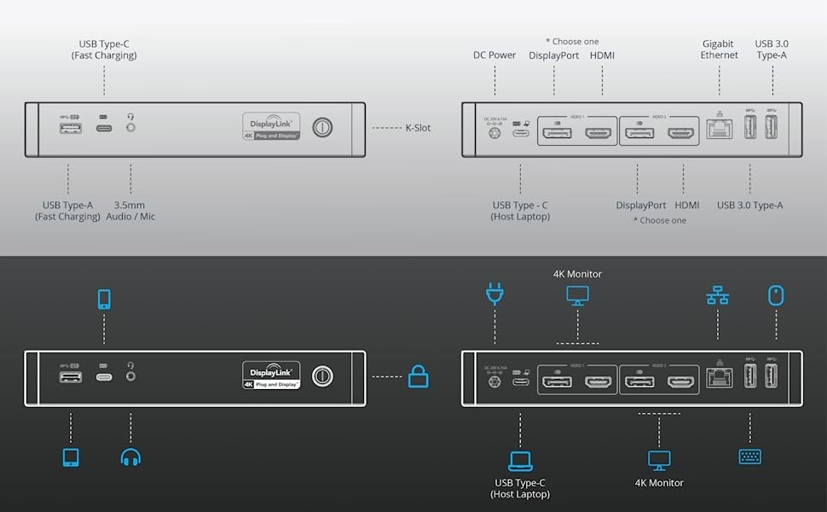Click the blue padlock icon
pos(418,375)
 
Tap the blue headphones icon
pos(130,457)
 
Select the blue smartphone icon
pos(104,299)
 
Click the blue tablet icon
pos(71,457)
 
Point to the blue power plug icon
pos(494,295)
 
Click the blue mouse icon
pos(775,295)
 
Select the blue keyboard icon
pos(749,457)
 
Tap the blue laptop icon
pos(520,461)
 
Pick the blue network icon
pos(717,296)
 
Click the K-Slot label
pos(417,128)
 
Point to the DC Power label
pos(494,55)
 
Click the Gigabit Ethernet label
pos(720,49)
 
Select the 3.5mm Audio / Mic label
pos(130,211)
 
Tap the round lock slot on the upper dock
pos(322,128)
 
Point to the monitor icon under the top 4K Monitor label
pos(577,296)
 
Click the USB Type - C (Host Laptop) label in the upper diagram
pos(520,211)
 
